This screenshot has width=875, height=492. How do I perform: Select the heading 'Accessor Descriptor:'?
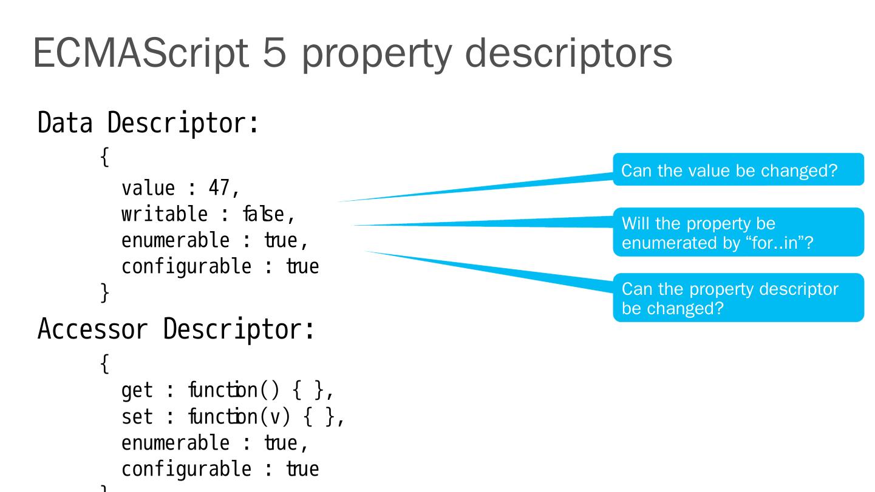[x=175, y=329]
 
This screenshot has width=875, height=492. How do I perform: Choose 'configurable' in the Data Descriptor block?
[x=180, y=267]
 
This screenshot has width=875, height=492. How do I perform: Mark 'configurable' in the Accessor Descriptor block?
[x=180, y=473]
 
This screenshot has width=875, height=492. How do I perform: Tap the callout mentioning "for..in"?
[x=738, y=232]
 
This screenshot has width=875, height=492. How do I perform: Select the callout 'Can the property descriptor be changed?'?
[x=738, y=297]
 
